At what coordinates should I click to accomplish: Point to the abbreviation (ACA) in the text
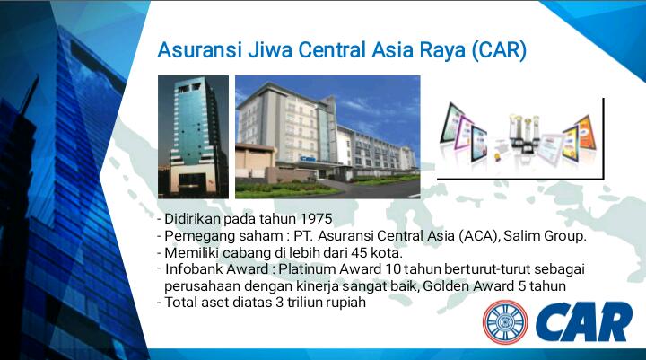pyautogui.click(x=472, y=236)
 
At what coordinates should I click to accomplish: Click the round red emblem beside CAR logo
pyautogui.click(x=505, y=323)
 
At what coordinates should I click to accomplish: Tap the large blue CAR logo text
pyautogui.click(x=583, y=323)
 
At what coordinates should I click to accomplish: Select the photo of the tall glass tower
pyautogui.click(x=193, y=136)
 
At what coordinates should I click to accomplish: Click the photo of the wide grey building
pyautogui.click(x=327, y=136)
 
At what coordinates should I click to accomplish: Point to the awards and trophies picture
pyautogui.click(x=519, y=136)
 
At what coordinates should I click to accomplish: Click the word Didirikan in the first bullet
pyautogui.click(x=192, y=219)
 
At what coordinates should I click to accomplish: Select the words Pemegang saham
pyautogui.click(x=212, y=236)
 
